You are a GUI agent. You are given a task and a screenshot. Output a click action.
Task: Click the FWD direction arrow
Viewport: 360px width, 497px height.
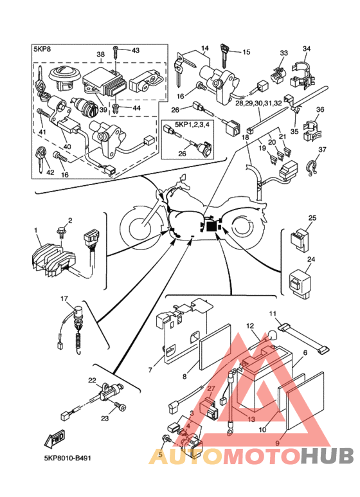55,439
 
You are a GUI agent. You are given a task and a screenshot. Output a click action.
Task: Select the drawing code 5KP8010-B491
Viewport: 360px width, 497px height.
67,458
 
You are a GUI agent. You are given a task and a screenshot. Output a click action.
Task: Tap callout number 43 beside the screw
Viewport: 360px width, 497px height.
135,50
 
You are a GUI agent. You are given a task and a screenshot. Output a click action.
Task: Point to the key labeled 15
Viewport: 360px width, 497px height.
225,55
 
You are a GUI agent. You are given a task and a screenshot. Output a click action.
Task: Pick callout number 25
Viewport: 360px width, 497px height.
312,218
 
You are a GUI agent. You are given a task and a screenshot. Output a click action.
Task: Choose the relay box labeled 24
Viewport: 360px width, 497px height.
300,282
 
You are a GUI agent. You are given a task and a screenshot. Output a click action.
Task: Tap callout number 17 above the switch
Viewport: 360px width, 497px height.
64,298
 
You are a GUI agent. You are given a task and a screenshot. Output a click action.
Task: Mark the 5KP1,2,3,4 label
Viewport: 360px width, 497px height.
187,124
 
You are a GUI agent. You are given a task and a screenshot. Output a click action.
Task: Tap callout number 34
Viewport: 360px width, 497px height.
307,48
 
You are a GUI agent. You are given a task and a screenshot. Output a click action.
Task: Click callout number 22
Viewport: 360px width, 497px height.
92,381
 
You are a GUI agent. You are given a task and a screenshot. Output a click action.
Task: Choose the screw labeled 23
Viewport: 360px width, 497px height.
120,406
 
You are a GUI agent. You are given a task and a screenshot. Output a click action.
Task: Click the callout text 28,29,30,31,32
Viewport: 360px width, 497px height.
258,104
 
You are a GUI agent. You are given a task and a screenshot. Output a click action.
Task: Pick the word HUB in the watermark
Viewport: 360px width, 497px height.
327,456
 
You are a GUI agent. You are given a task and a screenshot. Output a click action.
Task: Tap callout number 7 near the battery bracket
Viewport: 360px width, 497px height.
150,370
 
